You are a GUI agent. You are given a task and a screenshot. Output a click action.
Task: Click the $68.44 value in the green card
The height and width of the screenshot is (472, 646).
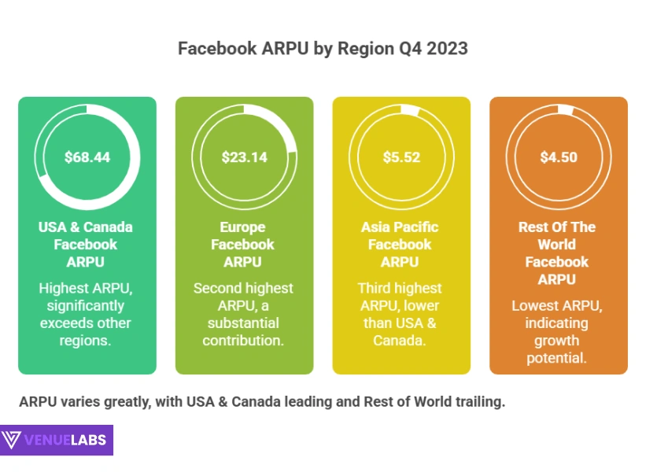click(x=87, y=157)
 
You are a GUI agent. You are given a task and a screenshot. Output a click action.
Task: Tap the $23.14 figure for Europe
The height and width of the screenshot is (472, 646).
click(x=244, y=157)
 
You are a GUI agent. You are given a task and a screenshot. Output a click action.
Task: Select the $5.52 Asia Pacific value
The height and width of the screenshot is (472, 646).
click(x=401, y=157)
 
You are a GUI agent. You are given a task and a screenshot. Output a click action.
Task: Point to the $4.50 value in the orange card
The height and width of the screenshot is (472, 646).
click(x=559, y=157)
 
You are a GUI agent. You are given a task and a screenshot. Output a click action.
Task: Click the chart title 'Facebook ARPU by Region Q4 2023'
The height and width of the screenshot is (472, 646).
click(x=323, y=49)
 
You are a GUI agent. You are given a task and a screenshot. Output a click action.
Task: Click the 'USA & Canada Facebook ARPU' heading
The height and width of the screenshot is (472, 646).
click(x=86, y=244)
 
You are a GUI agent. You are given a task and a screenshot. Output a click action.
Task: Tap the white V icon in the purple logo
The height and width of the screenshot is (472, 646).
click(x=12, y=441)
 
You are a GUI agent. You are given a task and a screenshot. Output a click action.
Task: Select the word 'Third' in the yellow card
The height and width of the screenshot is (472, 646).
click(x=377, y=289)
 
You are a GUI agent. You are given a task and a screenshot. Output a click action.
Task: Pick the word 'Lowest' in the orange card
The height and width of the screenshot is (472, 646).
click(x=534, y=306)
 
